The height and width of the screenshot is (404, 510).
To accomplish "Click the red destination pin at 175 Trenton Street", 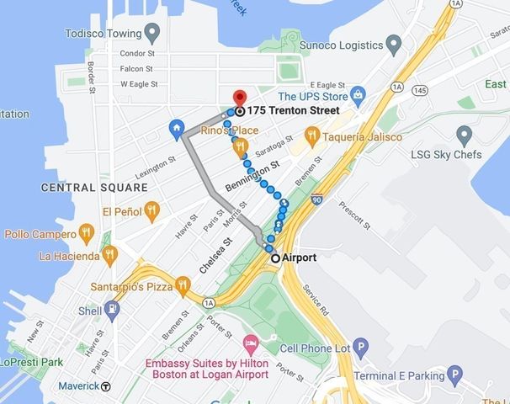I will tap(239, 98).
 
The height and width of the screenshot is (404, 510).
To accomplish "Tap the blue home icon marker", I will tap(177, 128).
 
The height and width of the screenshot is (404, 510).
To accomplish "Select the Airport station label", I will tap(300, 258).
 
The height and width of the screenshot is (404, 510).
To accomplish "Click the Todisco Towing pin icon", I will tap(152, 34).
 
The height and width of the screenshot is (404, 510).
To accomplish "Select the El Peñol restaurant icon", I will tap(151, 210).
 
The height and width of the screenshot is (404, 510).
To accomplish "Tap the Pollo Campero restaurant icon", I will tap(85, 231).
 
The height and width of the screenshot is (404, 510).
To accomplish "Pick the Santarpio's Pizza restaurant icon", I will tap(183, 286).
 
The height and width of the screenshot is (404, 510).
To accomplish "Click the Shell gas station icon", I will tap(112, 309).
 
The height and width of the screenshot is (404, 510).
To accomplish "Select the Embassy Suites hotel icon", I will tap(250, 345).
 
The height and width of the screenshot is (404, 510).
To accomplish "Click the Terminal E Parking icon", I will tap(456, 375).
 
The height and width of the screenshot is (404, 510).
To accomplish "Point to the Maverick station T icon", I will tap(106, 387).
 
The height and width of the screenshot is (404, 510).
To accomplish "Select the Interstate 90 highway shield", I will tap(316, 200).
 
